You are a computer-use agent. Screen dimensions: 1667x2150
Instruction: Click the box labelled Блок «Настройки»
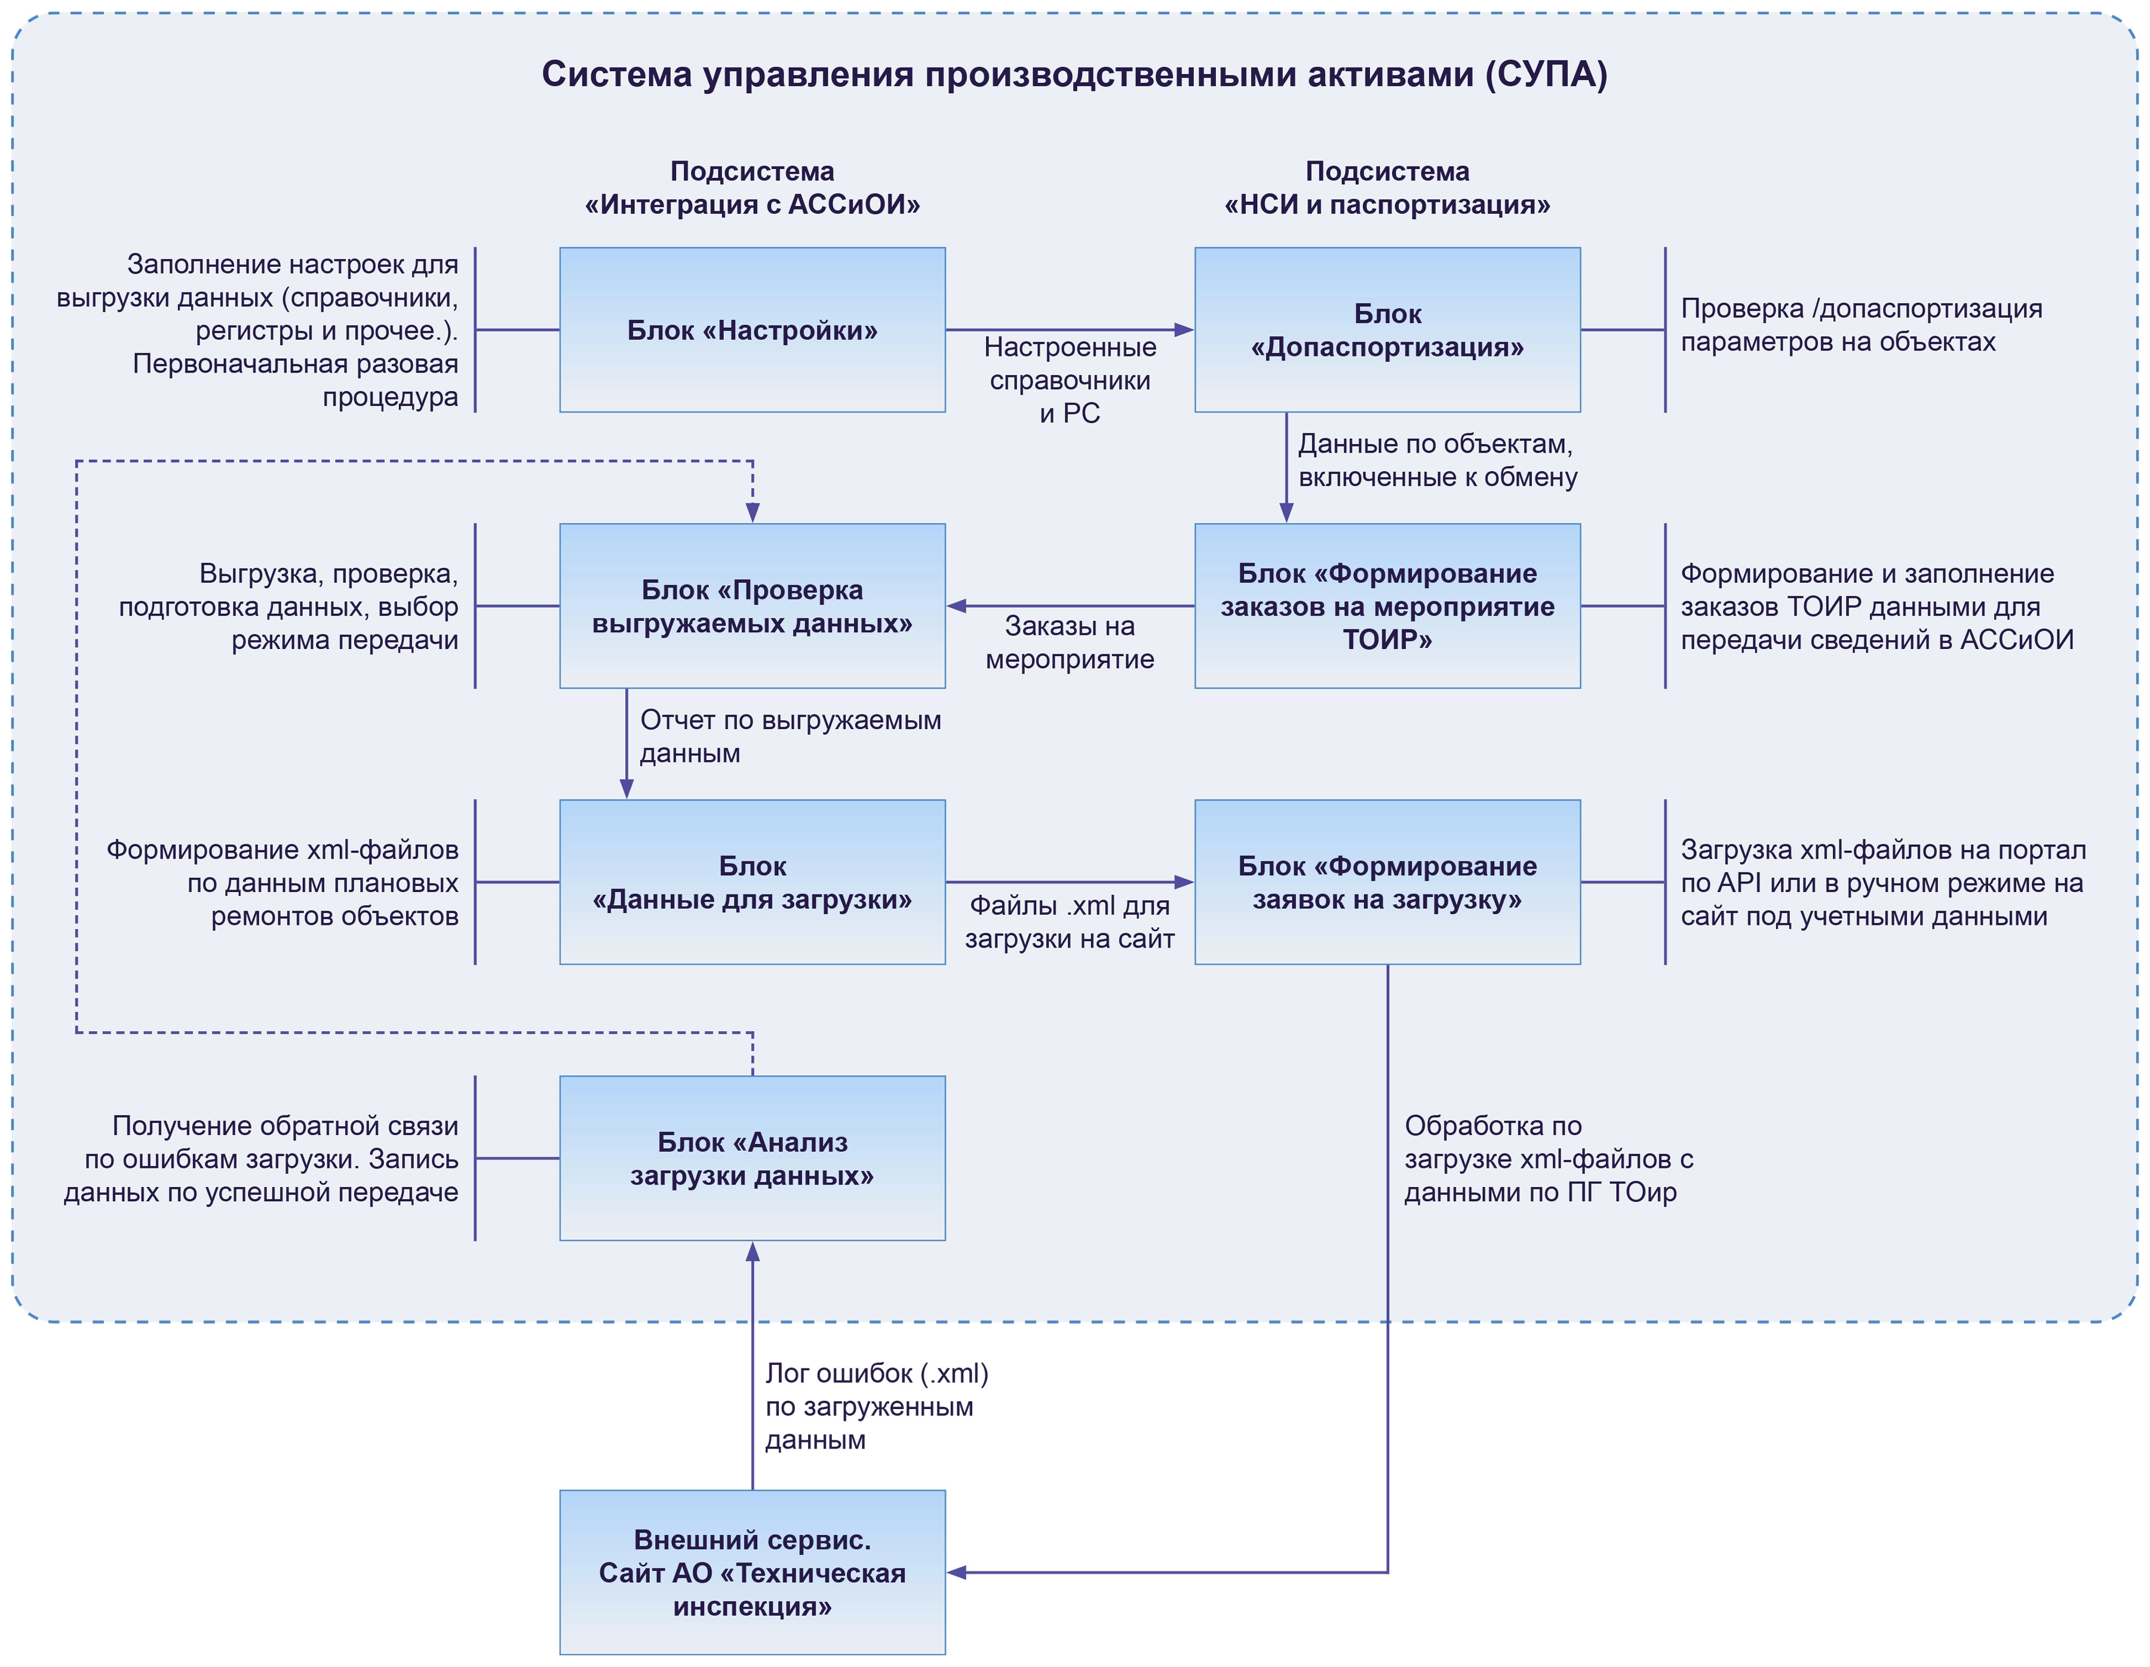(x=752, y=330)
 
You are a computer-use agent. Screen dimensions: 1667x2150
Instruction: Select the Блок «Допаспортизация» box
(x=1387, y=330)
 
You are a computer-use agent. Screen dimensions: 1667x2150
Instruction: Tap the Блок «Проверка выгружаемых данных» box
(x=752, y=606)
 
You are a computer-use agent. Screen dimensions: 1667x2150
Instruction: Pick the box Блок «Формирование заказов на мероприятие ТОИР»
(x=1387, y=606)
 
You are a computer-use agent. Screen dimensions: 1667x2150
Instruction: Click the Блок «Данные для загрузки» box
(x=752, y=882)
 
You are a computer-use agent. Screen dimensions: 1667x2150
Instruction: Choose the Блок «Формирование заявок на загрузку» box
(x=1387, y=882)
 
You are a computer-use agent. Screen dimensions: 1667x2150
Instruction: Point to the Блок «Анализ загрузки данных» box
(x=752, y=1158)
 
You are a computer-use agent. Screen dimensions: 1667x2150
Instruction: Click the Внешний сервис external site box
(x=752, y=1573)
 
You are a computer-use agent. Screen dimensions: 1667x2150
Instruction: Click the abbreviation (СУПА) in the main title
(x=1546, y=75)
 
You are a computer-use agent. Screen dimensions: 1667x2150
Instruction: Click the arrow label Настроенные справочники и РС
(x=1070, y=380)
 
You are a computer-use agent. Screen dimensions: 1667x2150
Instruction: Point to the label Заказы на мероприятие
(x=1070, y=642)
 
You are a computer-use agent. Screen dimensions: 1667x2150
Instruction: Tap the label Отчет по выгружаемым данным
(x=790, y=736)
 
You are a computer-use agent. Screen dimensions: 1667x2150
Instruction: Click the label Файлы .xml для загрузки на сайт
(x=1070, y=922)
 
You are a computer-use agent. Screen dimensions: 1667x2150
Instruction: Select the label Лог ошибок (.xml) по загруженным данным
(x=876, y=1406)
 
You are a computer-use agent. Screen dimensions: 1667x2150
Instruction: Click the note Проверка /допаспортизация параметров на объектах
(x=1860, y=325)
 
